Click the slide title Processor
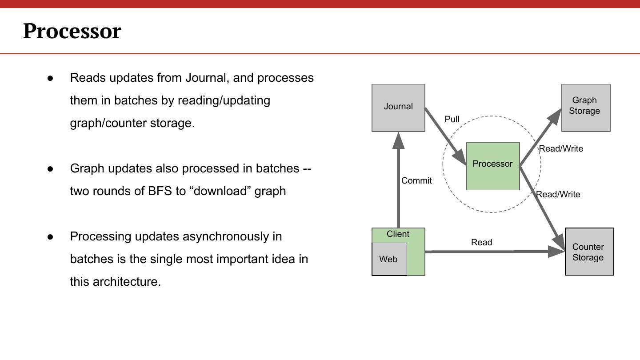[72, 31]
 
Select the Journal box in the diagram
[398, 108]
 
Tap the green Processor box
[493, 166]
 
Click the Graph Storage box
[586, 108]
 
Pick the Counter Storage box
[589, 252]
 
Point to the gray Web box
[389, 259]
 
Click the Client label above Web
[398, 234]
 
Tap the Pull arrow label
[452, 119]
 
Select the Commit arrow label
[416, 180]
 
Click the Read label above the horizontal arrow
[481, 242]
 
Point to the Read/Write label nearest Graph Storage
[561, 149]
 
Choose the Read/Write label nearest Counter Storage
[558, 194]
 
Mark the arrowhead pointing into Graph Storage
[556, 116]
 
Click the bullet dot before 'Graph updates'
[50, 169]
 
